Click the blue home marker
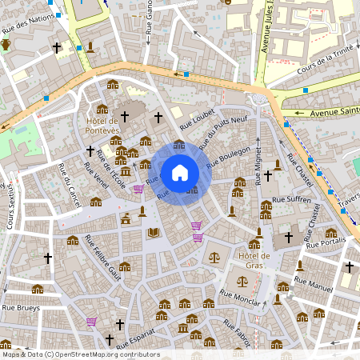pyautogui.click(x=180, y=173)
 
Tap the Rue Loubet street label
pyautogui.click(x=198, y=120)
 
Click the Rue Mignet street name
pyautogui.click(x=258, y=163)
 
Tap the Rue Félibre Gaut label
pyautogui.click(x=103, y=265)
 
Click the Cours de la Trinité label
pyautogui.click(x=325, y=62)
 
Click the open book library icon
pyautogui.click(x=154, y=233)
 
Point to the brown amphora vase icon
pyautogui.click(x=6, y=44)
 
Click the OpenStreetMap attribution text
pyautogui.click(x=81, y=354)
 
